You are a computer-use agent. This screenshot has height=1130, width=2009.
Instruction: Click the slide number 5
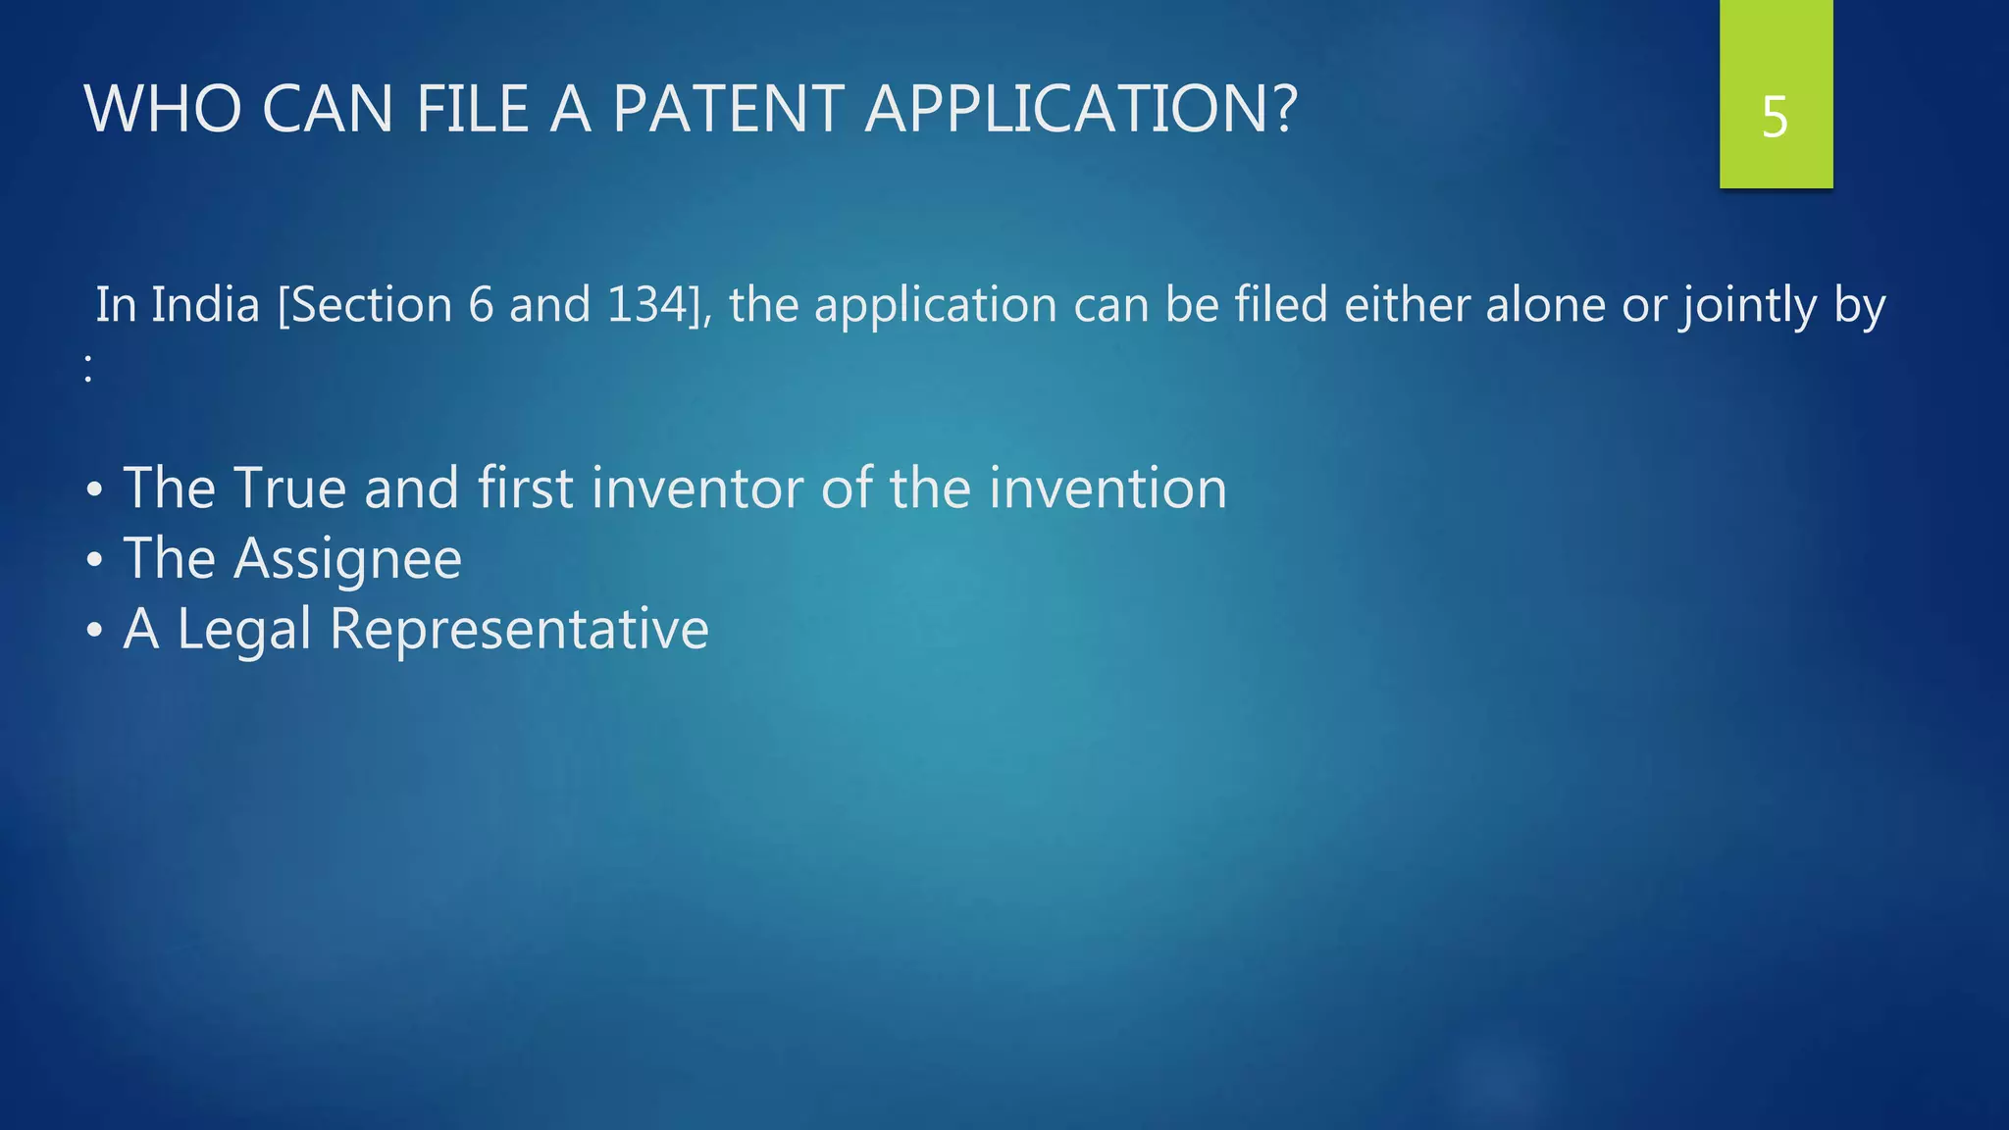click(1775, 118)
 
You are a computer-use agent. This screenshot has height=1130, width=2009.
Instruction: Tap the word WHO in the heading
click(163, 109)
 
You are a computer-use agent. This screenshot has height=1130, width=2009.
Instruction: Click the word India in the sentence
click(205, 305)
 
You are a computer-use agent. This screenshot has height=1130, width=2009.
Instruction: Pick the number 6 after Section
click(481, 305)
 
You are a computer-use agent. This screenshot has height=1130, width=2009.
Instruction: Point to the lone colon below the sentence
click(88, 369)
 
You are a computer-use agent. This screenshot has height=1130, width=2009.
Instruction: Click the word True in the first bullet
click(289, 488)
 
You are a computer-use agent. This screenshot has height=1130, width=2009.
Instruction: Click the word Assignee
click(347, 559)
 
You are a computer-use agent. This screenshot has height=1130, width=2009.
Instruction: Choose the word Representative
click(519, 629)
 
